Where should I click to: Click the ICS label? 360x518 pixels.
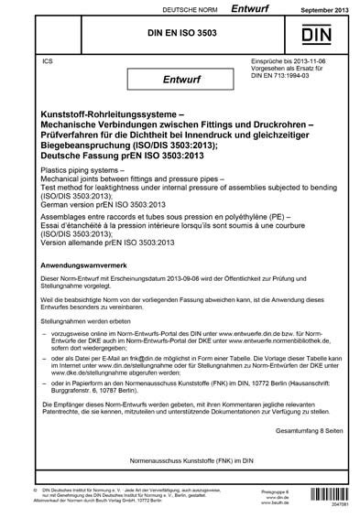36,60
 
